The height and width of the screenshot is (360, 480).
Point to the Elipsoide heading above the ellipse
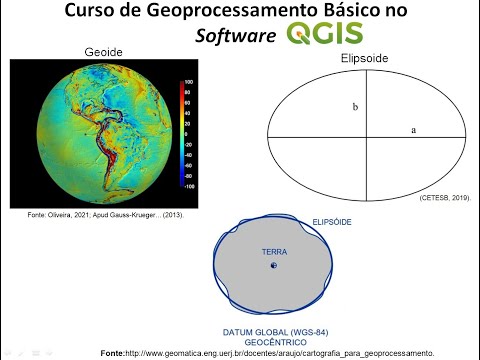(364, 59)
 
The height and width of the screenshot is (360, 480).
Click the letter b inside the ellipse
(354, 105)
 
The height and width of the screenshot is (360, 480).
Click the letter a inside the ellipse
(413, 129)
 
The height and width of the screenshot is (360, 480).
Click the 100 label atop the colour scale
(187, 81)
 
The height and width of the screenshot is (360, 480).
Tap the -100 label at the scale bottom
(187, 186)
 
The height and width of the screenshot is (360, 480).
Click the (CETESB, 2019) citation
(444, 199)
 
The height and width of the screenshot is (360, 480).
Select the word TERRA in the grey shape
(274, 252)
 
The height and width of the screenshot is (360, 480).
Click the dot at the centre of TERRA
(274, 267)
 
